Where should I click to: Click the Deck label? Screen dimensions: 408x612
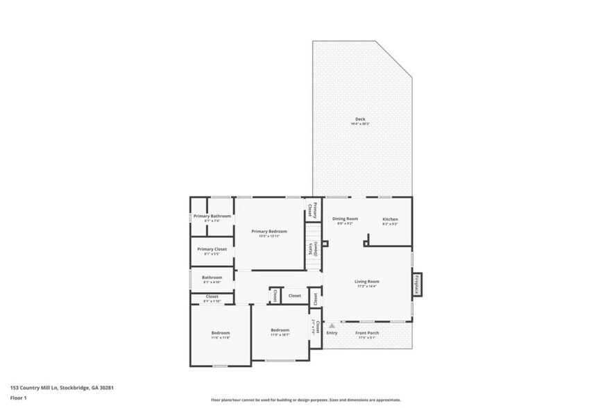(360, 119)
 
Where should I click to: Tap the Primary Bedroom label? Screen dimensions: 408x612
(269, 231)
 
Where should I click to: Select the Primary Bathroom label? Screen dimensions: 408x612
(212, 216)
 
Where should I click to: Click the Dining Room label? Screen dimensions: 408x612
(345, 219)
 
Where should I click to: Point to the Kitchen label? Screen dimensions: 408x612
(390, 219)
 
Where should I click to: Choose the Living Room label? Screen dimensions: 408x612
(366, 281)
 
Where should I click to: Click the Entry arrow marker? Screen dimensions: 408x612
(332, 325)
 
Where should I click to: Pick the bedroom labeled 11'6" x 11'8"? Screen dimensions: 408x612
(221, 332)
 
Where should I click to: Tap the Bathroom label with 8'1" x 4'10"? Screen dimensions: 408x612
(212, 278)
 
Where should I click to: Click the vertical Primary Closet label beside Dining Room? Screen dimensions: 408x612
(314, 210)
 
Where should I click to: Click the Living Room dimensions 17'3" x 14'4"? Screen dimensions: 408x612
(366, 286)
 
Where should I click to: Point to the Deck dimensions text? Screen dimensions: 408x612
(360, 124)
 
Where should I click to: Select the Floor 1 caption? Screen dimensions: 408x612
(18, 398)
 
